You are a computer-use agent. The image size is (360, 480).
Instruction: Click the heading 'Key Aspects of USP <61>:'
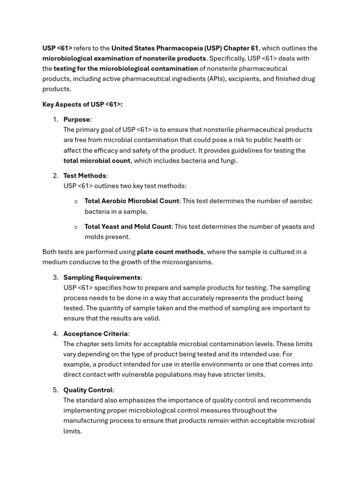(82, 105)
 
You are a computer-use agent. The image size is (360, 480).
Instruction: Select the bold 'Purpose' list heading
(77, 120)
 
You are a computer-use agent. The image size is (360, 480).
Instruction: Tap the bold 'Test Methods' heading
(85, 176)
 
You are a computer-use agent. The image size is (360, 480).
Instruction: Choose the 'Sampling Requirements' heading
(102, 277)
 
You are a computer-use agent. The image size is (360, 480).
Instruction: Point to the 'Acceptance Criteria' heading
(96, 334)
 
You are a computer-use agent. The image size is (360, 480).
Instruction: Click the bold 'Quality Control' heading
(88, 390)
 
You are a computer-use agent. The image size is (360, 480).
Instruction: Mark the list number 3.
(55, 277)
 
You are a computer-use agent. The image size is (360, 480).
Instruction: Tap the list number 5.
(55, 390)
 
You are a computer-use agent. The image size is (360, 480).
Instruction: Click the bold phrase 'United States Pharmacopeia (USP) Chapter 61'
(185, 48)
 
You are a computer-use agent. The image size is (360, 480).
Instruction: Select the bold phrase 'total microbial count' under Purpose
(97, 161)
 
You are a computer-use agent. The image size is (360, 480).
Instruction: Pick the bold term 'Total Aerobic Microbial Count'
(132, 201)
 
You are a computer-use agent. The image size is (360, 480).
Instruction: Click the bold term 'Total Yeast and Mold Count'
(127, 226)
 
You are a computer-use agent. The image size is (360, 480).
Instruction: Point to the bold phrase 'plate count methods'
(170, 252)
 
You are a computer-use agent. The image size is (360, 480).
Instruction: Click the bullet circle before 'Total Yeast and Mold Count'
(76, 227)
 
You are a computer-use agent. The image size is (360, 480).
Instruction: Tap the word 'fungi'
(228, 161)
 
